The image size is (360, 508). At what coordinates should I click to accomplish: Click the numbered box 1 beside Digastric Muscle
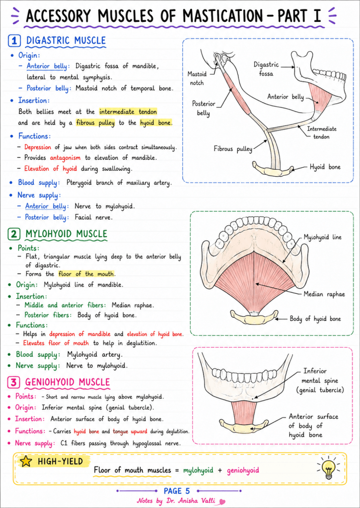[x=14, y=41]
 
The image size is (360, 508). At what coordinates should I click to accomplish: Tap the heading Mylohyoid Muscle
[x=67, y=234]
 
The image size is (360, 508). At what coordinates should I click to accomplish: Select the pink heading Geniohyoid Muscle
[x=68, y=382]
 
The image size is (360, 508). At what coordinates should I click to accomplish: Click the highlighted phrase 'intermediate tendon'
[x=128, y=112]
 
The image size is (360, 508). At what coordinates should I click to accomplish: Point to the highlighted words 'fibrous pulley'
[x=95, y=123]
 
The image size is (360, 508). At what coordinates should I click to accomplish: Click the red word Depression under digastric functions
[x=38, y=147]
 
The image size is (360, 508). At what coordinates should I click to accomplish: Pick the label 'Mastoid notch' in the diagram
[x=197, y=78]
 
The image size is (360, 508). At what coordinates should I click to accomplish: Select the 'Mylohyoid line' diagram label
[x=322, y=238]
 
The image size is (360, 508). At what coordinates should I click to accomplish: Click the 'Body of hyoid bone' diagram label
[x=315, y=319]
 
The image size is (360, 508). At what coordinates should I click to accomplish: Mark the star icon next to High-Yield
[x=26, y=462]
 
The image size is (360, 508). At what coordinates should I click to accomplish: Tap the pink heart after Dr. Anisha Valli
[x=222, y=502]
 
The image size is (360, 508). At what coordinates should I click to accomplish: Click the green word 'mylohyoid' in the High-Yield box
[x=198, y=470]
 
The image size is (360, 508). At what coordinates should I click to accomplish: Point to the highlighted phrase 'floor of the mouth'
[x=86, y=274]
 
